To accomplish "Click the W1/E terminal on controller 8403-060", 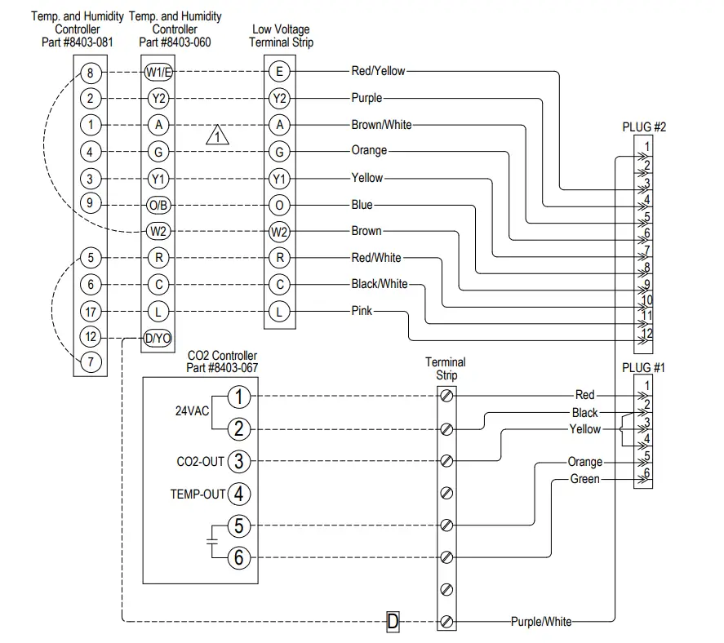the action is tap(159, 72).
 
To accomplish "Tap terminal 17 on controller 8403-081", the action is tap(91, 312).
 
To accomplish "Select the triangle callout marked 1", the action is tap(217, 135).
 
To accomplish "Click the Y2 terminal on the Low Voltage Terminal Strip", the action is tap(279, 98).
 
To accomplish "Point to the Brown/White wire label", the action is tap(381, 125).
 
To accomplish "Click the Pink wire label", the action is tap(362, 311).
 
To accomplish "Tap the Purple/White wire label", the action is tap(541, 621).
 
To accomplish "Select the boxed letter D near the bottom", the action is tap(393, 621).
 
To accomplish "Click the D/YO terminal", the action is tap(158, 339).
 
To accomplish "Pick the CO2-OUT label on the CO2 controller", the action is tap(201, 462).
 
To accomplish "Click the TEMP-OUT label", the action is tap(198, 494).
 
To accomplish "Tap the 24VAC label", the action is tap(192, 410).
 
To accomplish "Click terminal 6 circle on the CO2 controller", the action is tap(238, 557).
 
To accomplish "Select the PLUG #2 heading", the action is tap(644, 127).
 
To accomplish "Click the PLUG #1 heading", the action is tap(643, 368).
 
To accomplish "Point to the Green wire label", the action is tap(585, 479).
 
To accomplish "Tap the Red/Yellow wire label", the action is tap(378, 71).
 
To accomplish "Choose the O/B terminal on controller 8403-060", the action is tap(158, 206).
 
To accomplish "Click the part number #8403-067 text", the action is tap(222, 368).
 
